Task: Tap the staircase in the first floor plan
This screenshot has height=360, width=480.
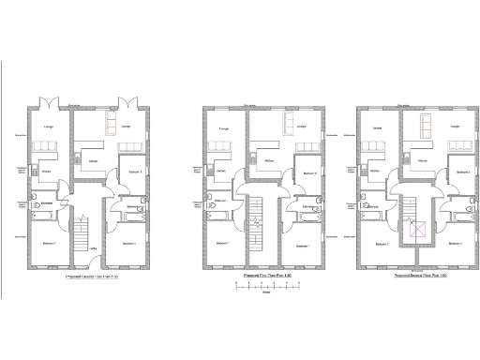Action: pyautogui.click(x=255, y=216)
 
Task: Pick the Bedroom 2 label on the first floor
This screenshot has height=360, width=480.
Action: pyautogui.click(x=309, y=172)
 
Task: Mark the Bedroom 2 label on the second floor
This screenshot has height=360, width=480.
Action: pyautogui.click(x=462, y=172)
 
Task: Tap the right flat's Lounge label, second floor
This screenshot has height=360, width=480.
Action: pyautogui.click(x=454, y=126)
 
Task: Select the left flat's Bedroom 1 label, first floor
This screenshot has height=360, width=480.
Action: pyautogui.click(x=222, y=245)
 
